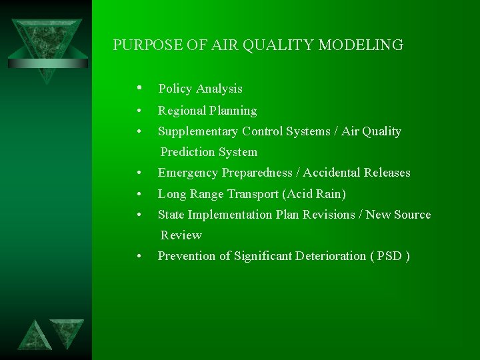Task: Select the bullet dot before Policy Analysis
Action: (x=138, y=88)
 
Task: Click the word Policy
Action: (x=175, y=89)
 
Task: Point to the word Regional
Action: (x=181, y=111)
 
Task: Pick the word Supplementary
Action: (x=198, y=131)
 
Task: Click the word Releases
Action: (x=387, y=173)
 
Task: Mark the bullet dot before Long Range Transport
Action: (x=138, y=194)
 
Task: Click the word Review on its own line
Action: (x=181, y=235)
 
